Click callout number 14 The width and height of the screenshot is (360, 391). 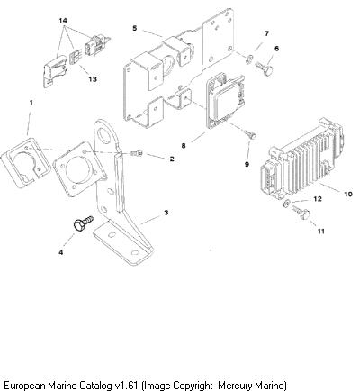tap(63, 21)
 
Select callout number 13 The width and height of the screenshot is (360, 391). tap(93, 79)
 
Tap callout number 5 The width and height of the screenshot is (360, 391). tap(135, 28)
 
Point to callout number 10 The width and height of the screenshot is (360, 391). tap(348, 194)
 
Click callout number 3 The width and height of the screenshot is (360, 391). tap(166, 213)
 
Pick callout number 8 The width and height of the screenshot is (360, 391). tap(184, 146)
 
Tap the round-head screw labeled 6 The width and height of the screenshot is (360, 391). tap(265, 68)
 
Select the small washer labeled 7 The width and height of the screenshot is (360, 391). tap(249, 59)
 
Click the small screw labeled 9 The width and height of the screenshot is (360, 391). tap(250, 134)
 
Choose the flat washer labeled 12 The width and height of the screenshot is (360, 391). tap(286, 204)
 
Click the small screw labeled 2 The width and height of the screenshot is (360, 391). tap(137, 154)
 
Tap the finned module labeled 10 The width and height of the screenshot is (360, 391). tap(301, 159)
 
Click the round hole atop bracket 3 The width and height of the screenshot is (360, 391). tap(104, 134)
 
